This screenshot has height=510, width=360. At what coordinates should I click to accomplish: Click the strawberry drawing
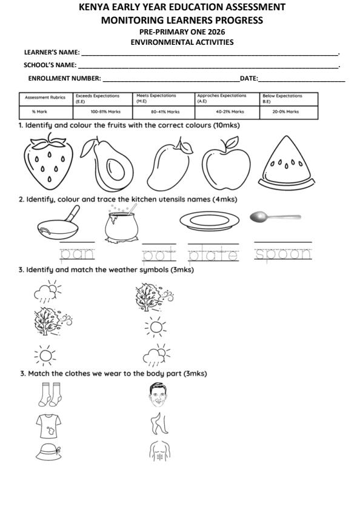[47, 162]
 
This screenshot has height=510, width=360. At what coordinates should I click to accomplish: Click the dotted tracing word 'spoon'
[283, 254]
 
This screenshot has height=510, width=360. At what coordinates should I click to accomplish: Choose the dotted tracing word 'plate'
[213, 254]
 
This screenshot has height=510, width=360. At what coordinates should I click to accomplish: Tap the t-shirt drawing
[47, 426]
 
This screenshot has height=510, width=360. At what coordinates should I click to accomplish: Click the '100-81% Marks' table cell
[101, 111]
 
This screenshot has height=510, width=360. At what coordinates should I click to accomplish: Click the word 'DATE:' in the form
[248, 78]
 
